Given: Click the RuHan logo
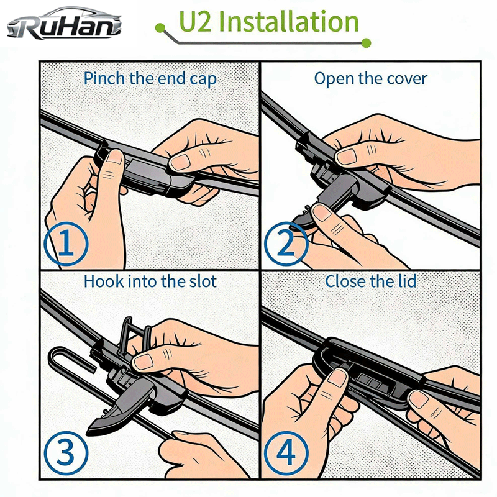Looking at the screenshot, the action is [x=64, y=23].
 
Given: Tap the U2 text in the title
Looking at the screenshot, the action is [x=195, y=22].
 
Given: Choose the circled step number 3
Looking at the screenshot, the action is [x=66, y=452].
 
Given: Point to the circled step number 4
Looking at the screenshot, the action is [x=286, y=452].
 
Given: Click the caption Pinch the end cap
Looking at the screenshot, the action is [x=150, y=79].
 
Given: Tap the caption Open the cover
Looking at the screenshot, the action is [x=370, y=79].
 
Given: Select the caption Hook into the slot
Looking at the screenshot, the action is [x=150, y=281].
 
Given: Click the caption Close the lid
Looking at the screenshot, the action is [x=370, y=281].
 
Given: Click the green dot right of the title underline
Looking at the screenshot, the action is [x=366, y=43].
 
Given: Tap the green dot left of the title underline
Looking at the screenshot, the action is [x=160, y=28].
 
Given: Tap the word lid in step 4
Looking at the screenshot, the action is [x=407, y=281].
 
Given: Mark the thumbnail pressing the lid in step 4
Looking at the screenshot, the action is [x=337, y=378].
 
